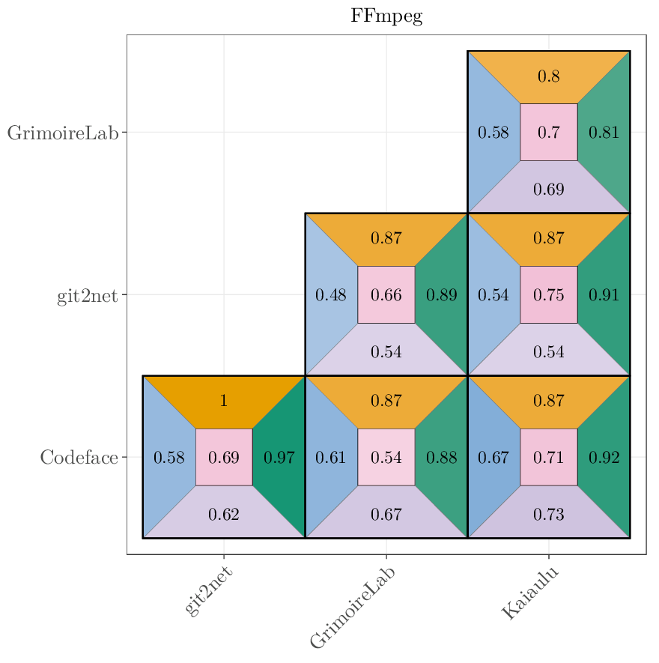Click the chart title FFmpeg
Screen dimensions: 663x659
tap(386, 16)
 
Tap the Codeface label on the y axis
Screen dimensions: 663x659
tap(79, 457)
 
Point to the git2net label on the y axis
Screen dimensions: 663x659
tap(87, 295)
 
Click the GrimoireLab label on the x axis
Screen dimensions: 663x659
tap(353, 607)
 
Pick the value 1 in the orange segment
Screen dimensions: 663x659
tap(223, 401)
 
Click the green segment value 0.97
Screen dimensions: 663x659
tap(279, 457)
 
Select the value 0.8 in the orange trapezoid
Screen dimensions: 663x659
tap(548, 76)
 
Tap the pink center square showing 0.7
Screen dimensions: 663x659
tap(548, 133)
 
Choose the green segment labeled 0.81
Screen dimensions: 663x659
tap(604, 133)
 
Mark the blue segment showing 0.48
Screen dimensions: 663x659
tap(330, 295)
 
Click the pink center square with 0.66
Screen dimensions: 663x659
tap(386, 295)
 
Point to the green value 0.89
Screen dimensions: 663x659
tap(441, 295)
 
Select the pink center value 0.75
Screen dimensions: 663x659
tap(548, 295)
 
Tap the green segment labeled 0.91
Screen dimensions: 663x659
tap(604, 295)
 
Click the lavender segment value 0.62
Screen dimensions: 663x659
tap(223, 514)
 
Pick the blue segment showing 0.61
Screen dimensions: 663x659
tap(330, 457)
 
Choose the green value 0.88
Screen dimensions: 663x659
tap(441, 457)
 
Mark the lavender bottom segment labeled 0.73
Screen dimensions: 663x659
tap(548, 514)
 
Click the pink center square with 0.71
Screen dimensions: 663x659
tap(548, 457)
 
